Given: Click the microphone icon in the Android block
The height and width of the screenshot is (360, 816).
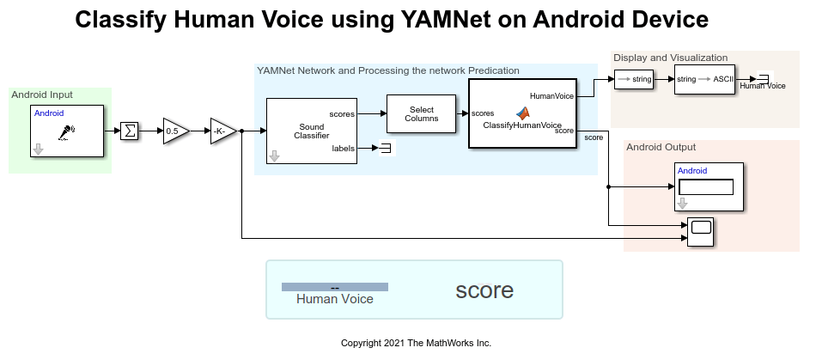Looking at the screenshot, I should (x=66, y=132).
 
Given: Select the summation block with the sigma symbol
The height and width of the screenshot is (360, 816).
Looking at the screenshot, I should (x=129, y=131).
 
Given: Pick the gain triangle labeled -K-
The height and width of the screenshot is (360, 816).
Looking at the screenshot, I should (x=222, y=131).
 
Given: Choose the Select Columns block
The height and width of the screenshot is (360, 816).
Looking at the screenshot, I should (x=422, y=113).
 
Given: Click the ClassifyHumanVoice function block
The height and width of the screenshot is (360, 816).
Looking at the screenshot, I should (x=521, y=113).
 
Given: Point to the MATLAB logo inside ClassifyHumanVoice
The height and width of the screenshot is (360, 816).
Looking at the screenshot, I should (x=522, y=113).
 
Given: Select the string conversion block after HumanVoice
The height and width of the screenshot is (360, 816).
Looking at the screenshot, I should (x=635, y=79).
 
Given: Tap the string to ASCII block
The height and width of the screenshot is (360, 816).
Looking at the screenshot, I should (x=704, y=79).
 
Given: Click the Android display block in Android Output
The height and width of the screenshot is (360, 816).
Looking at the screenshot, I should (x=705, y=186).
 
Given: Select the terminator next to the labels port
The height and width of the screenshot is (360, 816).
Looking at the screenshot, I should (x=385, y=149).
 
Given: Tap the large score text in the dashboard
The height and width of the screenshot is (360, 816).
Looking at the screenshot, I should (x=484, y=290).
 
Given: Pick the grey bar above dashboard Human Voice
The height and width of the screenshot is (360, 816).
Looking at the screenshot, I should (x=335, y=287).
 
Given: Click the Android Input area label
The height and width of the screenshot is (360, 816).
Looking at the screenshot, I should (x=42, y=95).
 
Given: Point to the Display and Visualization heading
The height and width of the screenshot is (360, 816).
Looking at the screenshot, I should (x=670, y=58).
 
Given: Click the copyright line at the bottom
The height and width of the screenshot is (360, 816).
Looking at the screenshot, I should (x=416, y=343).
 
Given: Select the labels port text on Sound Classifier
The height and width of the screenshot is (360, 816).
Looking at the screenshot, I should (x=343, y=149).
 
